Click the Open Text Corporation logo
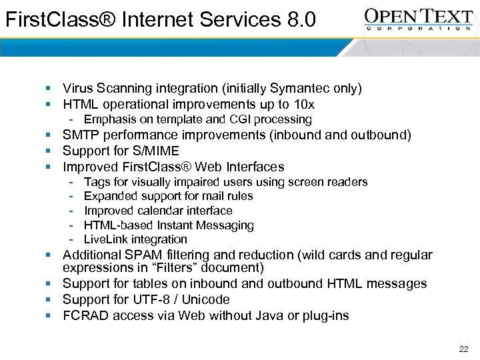pos(419,19)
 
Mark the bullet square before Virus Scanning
pos(49,89)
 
